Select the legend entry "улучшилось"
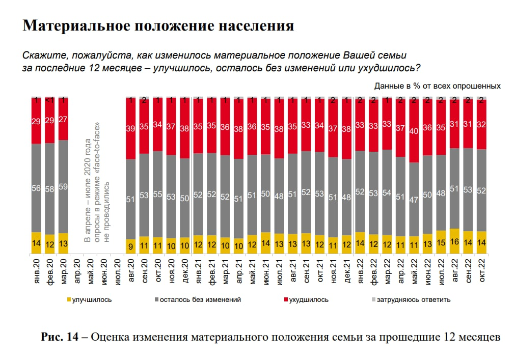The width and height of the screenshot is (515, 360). [92, 299]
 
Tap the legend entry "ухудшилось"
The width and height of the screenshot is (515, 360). [309, 299]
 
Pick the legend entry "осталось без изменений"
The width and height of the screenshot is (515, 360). [200, 299]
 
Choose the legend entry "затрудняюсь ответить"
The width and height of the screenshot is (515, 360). [413, 299]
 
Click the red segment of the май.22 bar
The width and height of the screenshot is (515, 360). [414, 131]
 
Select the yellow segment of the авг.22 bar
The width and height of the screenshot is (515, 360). [455, 241]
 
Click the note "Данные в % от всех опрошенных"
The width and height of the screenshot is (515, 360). [437, 86]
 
